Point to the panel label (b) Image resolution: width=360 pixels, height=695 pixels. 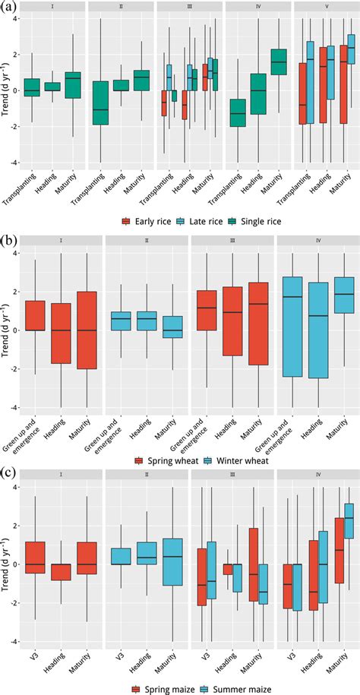(x=10, y=241)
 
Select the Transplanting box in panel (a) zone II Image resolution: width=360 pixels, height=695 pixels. (x=99, y=103)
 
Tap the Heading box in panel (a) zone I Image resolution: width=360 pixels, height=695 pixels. (x=52, y=87)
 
